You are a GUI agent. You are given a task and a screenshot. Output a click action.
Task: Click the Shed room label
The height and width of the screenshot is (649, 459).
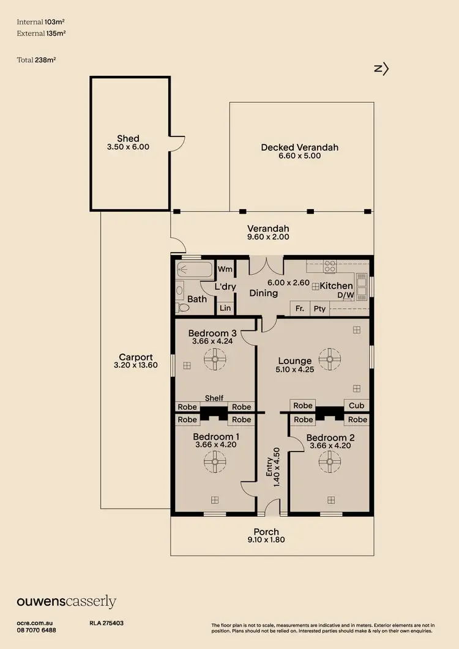[129, 138]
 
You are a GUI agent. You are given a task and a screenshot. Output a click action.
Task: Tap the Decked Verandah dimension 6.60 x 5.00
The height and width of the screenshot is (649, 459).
[299, 156]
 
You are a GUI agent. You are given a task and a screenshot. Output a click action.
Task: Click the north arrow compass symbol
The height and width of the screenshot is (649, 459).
[381, 69]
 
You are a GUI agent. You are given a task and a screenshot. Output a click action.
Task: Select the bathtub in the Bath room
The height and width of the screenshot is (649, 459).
[193, 270]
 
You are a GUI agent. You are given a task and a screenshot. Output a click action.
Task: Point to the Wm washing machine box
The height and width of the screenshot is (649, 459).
[225, 269]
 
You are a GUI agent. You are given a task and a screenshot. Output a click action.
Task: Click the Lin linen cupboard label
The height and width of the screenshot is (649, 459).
[225, 308]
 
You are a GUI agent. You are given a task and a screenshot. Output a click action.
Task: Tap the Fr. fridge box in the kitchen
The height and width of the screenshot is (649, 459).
[300, 309]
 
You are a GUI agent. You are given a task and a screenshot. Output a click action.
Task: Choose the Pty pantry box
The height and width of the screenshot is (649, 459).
[319, 309]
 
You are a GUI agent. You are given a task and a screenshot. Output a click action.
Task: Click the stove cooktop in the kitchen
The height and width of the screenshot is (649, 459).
[330, 266]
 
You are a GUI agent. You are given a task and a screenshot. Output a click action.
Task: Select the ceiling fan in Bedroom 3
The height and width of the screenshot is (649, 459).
[215, 359]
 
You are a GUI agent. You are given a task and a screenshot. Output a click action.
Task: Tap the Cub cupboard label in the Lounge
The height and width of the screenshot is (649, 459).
[357, 406]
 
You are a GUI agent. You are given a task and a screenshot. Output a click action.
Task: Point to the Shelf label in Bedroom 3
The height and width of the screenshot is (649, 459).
[214, 398]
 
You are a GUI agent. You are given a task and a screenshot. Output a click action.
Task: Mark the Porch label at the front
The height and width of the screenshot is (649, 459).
[266, 532]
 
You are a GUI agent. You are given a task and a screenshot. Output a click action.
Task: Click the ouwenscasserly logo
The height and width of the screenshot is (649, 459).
[66, 602]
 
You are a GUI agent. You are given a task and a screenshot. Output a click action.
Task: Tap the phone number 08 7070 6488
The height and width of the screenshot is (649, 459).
[37, 630]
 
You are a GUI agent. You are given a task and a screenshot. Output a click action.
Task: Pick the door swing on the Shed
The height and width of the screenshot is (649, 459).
[177, 144]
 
